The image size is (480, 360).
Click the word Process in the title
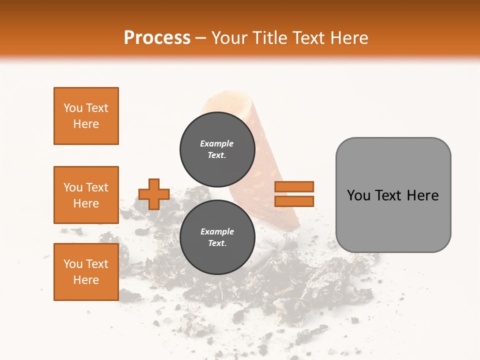point(157,38)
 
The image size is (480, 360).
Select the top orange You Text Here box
point(86,116)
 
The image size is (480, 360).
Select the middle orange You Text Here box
point(86,195)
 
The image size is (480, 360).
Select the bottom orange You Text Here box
point(86,272)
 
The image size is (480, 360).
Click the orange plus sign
point(154,194)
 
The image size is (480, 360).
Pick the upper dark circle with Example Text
point(217,149)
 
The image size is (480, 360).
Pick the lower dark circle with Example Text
point(217,237)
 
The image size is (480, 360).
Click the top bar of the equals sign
point(294,186)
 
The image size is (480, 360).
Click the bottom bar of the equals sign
point(294,201)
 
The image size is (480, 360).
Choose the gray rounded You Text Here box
point(393,194)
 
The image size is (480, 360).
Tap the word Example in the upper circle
point(217,143)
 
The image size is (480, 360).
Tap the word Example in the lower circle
point(217,231)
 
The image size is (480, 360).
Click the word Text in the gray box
point(389,195)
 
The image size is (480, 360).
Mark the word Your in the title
point(228,38)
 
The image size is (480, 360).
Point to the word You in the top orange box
point(73,108)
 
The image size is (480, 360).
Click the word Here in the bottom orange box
point(86,280)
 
